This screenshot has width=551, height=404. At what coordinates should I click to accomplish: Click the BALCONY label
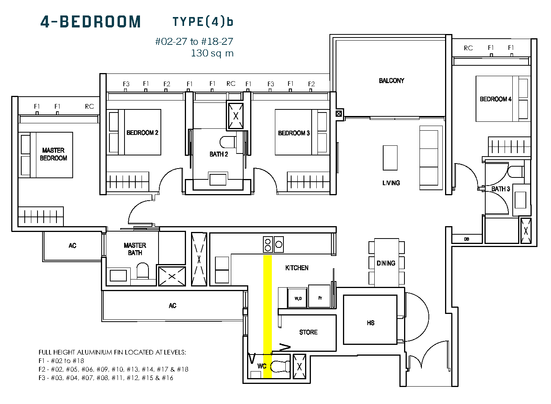coord(391,81)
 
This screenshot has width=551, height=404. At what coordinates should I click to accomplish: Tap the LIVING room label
coord(391,183)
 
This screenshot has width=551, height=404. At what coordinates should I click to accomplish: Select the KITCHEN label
coord(297,268)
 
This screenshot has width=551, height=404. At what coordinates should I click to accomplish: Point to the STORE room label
coord(308,332)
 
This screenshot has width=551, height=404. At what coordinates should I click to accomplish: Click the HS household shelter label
coord(371,323)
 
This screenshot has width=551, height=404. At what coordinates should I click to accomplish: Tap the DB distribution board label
coord(466,239)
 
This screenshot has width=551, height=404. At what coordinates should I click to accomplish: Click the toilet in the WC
coord(280,366)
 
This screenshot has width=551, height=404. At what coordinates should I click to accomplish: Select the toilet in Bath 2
coord(228,142)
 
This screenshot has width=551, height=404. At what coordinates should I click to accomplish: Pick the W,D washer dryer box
coord(298,298)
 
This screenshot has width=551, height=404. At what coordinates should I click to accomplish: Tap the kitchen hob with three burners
coord(273,244)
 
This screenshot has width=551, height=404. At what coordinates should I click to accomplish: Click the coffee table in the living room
coord(390,158)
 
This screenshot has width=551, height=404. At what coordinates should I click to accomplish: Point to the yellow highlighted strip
coord(268,317)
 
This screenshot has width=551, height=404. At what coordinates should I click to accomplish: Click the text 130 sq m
coord(212,53)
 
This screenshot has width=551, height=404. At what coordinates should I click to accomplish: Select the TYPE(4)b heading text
coord(203,22)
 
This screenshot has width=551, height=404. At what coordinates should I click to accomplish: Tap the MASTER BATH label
coord(135,249)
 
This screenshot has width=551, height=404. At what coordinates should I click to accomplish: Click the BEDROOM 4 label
coord(495,99)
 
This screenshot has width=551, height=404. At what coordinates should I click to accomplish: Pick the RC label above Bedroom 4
coord(468,48)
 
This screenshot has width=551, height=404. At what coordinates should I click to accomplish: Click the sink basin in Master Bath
coord(118,275)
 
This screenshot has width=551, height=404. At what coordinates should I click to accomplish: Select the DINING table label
coord(386,263)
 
